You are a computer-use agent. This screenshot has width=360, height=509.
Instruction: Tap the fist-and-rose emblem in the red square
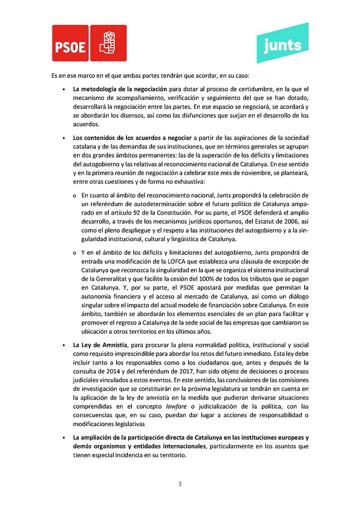[108, 43]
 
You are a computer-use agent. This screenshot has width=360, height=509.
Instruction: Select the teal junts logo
[283, 44]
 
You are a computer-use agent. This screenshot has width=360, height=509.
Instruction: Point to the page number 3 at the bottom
[180, 484]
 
